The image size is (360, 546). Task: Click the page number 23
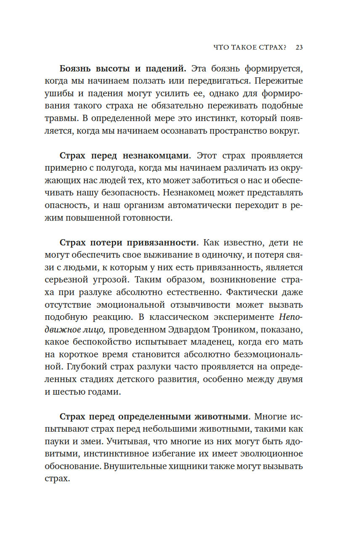[299, 47]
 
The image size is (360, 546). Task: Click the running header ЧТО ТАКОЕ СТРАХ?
[250, 47]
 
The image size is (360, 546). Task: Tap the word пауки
[56, 442]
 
